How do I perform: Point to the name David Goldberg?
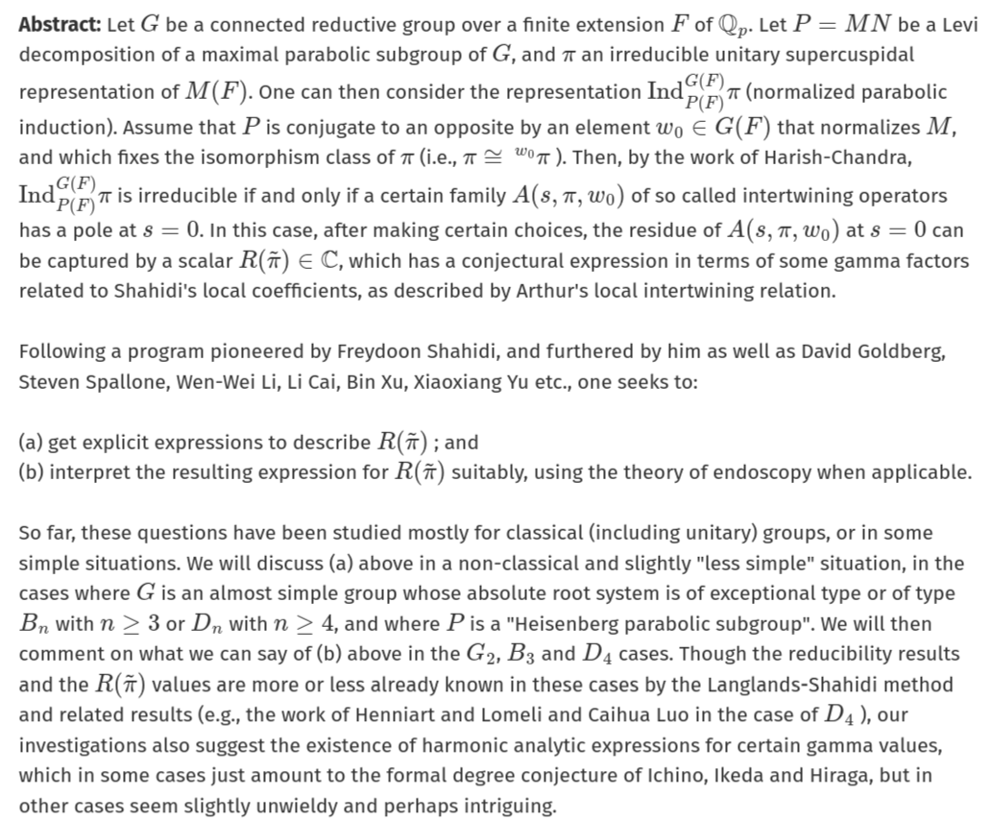tap(872, 351)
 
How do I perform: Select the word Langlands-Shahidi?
tap(859, 685)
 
